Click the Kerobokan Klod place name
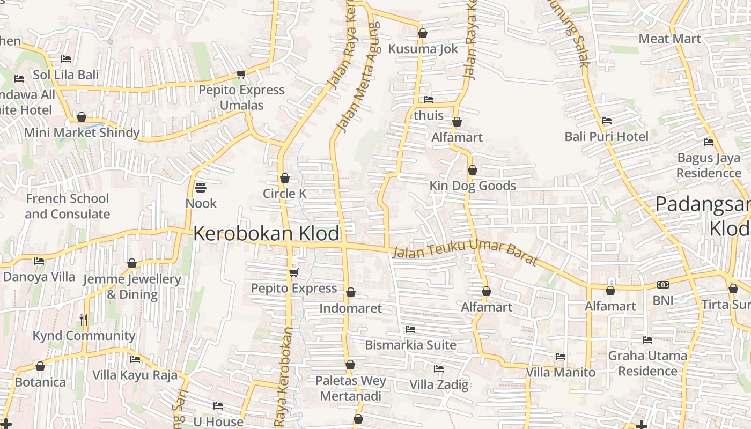click(x=266, y=234)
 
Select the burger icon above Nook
click(x=201, y=188)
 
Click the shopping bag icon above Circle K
click(x=285, y=178)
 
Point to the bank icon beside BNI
click(x=663, y=285)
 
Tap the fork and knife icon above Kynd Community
click(x=84, y=320)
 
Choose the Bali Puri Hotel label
click(x=606, y=137)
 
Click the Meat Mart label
click(x=669, y=39)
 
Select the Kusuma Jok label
click(x=423, y=49)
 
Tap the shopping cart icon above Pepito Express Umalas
click(x=241, y=74)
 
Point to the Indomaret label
click(x=350, y=308)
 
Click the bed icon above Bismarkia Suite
click(x=410, y=329)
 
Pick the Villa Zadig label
click(x=439, y=384)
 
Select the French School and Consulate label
click(x=68, y=206)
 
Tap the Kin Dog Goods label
click(x=473, y=186)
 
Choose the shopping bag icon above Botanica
click(x=40, y=367)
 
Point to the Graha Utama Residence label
click(x=647, y=363)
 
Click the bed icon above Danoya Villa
click(x=39, y=261)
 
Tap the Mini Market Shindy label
click(x=82, y=132)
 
